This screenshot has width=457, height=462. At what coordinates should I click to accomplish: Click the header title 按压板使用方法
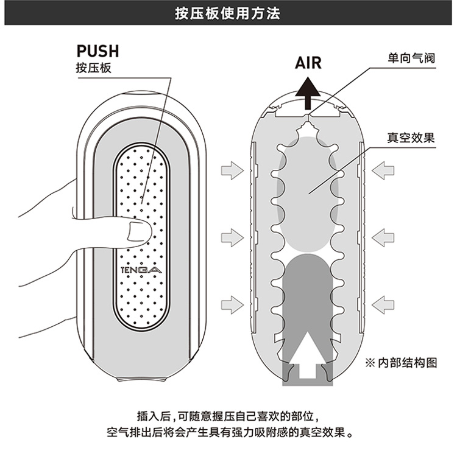pyautogui.click(x=228, y=13)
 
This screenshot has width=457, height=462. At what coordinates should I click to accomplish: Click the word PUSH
pyautogui.click(x=97, y=51)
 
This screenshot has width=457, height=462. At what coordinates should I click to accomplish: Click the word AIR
pyautogui.click(x=308, y=63)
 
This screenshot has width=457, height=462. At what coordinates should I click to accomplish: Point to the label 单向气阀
pyautogui.click(x=409, y=59)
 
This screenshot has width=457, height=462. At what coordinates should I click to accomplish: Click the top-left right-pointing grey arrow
pyautogui.click(x=232, y=171)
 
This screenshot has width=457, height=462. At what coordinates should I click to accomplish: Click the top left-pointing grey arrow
pyautogui.click(x=383, y=171)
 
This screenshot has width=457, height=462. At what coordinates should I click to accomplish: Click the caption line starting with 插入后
pyautogui.click(x=228, y=417)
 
